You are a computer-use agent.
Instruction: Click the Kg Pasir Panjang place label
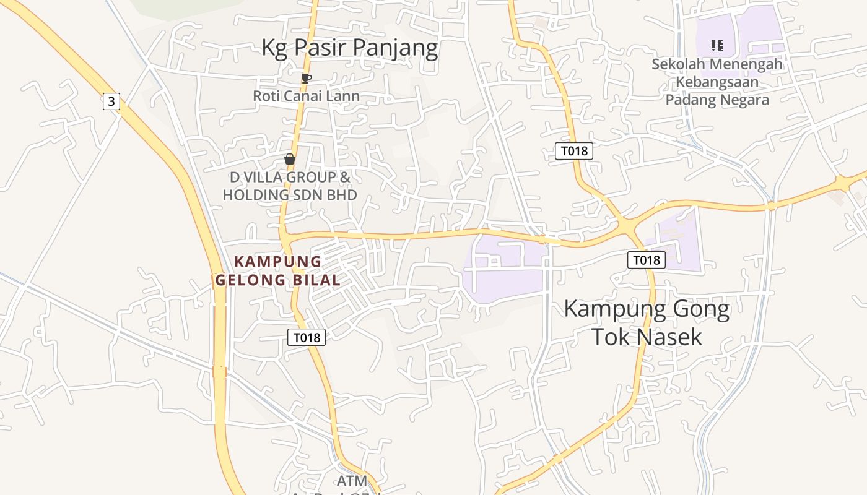tap(349, 48)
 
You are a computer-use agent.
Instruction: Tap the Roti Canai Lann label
tap(306, 96)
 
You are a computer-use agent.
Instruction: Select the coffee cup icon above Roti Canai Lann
tap(306, 78)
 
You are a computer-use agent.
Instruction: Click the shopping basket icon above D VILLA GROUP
tap(289, 159)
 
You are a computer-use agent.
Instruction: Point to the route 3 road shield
tap(111, 101)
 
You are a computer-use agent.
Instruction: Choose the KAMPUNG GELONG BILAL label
tap(278, 271)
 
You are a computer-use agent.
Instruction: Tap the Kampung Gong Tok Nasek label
tap(647, 322)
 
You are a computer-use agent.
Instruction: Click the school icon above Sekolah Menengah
tap(717, 45)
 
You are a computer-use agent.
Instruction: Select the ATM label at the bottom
tap(352, 481)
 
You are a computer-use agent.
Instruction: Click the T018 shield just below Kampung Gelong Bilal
tap(307, 337)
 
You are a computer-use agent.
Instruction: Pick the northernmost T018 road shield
tap(573, 150)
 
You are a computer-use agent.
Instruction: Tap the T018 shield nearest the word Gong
tap(647, 260)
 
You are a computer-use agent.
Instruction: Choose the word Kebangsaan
tap(717, 82)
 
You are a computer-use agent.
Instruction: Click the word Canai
tap(306, 96)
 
